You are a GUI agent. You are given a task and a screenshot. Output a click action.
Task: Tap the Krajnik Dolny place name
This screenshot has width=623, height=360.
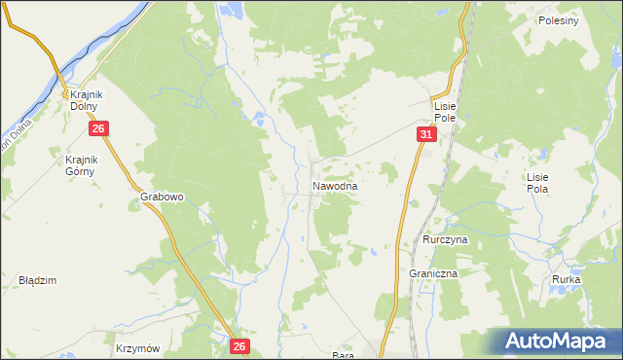[87, 100]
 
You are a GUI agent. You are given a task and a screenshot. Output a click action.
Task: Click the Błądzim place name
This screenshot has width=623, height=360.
[38, 280]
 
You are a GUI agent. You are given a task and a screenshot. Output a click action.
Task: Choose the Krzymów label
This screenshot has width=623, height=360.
[136, 347]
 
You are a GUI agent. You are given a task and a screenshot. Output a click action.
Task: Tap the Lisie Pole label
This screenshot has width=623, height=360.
[446, 110]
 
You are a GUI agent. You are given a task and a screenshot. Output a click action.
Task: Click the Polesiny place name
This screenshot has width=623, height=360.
[558, 20]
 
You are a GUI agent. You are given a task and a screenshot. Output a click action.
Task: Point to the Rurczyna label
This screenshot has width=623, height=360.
[446, 238]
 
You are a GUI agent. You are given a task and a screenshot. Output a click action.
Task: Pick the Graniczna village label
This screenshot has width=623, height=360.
[433, 274]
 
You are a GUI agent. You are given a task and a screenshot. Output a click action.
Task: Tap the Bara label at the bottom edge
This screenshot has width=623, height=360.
[342, 355]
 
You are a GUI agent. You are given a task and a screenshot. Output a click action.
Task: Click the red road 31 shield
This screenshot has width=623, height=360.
[426, 134]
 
